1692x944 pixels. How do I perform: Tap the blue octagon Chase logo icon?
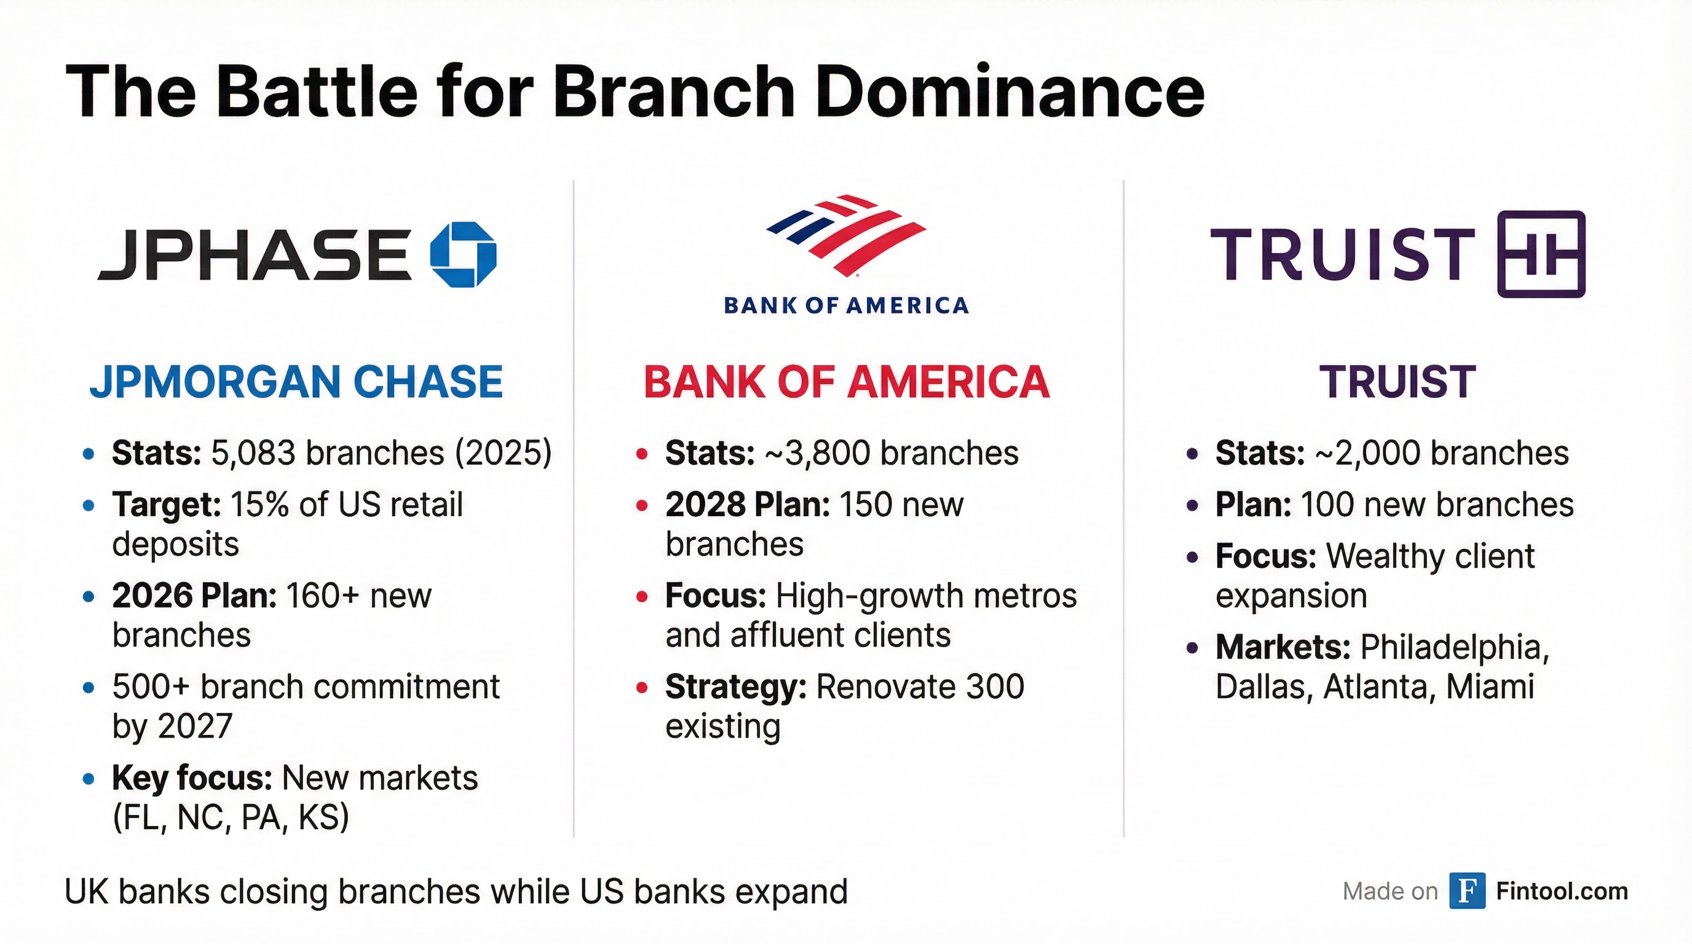(x=463, y=254)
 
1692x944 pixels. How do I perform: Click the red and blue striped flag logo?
(x=847, y=234)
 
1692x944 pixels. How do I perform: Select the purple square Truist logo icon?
(x=1541, y=254)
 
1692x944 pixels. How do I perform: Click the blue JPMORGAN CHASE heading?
(x=296, y=382)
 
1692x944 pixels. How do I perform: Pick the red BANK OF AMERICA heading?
(x=847, y=382)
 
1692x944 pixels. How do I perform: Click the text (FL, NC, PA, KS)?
(x=231, y=818)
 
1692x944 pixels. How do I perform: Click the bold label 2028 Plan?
(x=748, y=505)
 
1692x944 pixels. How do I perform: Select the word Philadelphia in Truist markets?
(x=1454, y=648)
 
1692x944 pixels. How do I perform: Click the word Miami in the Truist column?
(x=1490, y=687)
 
